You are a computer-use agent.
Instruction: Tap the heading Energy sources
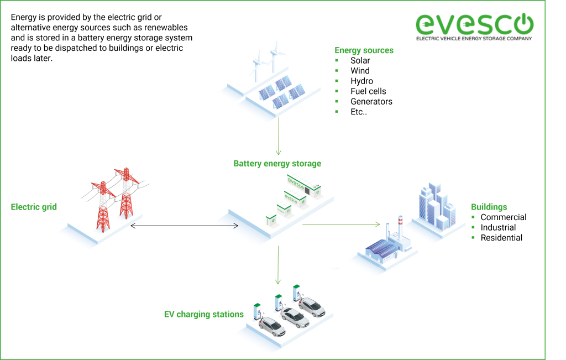pos(364,50)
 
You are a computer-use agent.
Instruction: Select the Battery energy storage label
pos(277,164)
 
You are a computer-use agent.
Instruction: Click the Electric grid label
pos(34,207)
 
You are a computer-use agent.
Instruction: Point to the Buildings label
pos(489,207)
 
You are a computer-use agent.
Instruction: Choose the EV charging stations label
pos(203,314)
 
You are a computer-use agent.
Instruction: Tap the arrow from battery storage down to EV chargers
pos(278,265)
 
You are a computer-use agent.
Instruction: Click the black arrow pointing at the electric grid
pos(142,226)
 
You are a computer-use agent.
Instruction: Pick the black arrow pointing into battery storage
pos(227,226)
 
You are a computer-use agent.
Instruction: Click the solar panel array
pos(282,91)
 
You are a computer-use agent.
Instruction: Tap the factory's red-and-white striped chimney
pos(400,228)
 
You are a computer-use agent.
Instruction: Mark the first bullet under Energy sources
pos(337,60)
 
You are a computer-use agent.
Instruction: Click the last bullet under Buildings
pos(473,237)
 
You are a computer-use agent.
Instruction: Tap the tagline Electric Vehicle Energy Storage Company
pos(474,39)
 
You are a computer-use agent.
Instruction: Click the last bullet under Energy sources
pos(337,111)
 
